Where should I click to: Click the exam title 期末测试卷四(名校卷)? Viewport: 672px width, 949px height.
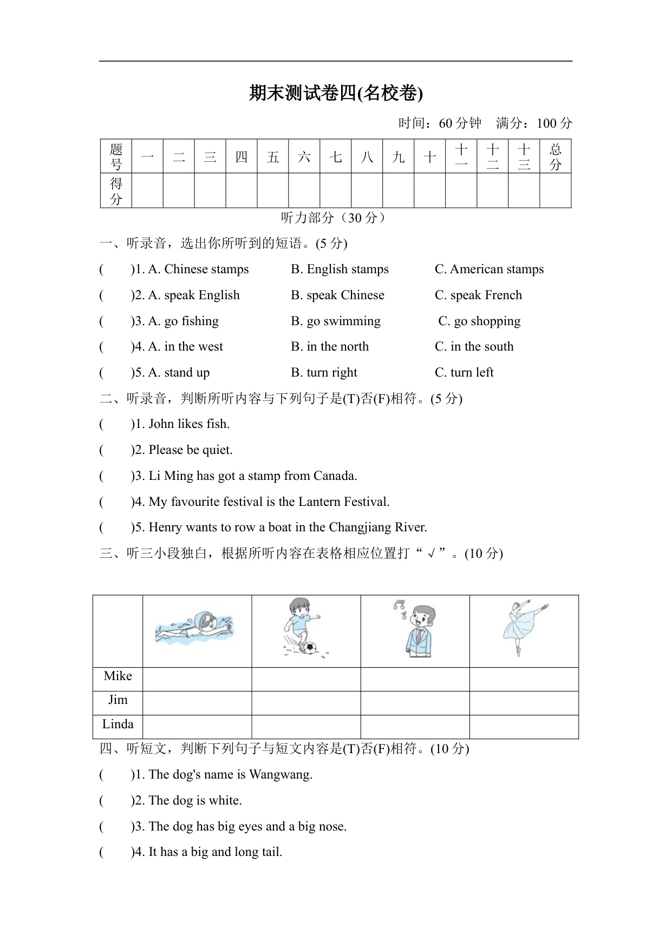[336, 93]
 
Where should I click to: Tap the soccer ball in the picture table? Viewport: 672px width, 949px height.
[310, 647]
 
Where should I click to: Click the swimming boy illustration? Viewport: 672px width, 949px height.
[195, 628]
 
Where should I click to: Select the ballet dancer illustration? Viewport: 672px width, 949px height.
[523, 627]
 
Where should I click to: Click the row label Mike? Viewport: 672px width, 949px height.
[118, 676]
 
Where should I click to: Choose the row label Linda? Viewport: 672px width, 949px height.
[118, 724]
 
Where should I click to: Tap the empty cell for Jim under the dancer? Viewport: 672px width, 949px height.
[524, 703]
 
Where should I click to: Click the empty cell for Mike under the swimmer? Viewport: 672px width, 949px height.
[197, 679]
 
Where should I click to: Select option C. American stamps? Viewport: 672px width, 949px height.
[489, 269]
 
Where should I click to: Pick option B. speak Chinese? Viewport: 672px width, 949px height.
[337, 295]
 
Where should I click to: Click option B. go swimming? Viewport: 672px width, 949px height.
[336, 321]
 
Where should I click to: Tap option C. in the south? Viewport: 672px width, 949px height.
[474, 347]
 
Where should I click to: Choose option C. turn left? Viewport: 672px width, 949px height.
[464, 373]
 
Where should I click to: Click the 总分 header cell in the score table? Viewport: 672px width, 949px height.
[555, 157]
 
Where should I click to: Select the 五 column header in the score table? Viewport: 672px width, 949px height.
[273, 157]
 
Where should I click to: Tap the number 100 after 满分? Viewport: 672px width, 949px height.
[546, 123]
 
